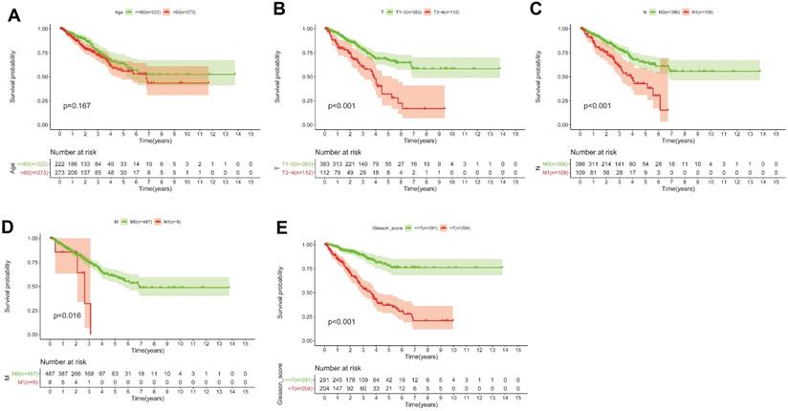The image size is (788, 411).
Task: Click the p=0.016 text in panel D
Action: [x=72, y=314]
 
